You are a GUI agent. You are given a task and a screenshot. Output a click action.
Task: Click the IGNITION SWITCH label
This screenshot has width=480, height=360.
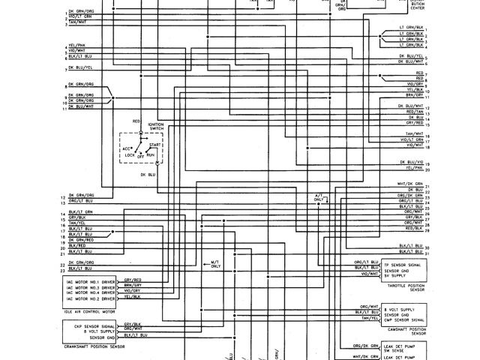(x=156, y=127)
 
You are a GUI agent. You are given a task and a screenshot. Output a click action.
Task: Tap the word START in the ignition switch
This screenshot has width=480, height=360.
(x=155, y=143)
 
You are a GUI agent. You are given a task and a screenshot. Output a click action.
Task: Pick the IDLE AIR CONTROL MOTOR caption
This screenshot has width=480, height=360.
(x=89, y=307)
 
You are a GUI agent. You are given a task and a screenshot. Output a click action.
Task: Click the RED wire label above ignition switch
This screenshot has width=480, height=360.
(x=136, y=121)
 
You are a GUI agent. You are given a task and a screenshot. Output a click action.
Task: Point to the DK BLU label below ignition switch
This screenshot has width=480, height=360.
(x=147, y=174)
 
